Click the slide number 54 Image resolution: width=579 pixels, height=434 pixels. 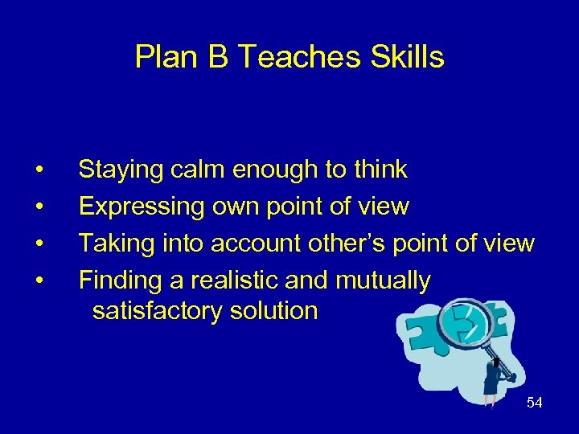click(534, 403)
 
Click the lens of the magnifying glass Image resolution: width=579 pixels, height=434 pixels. click(466, 324)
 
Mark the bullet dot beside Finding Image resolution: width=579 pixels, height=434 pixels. click(39, 280)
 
